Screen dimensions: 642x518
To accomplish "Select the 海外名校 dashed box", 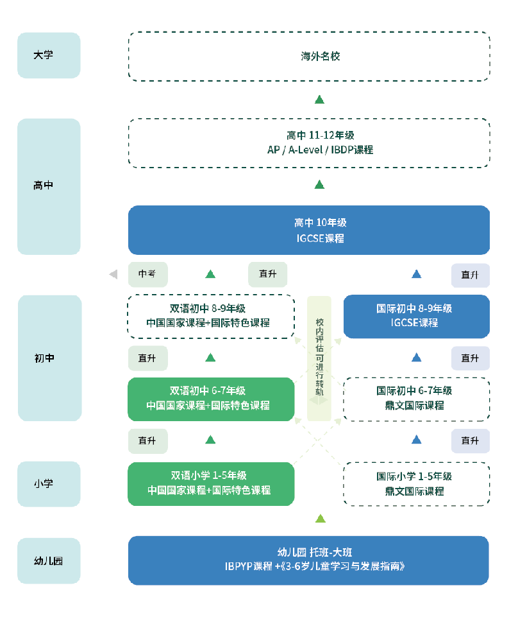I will coord(309,56).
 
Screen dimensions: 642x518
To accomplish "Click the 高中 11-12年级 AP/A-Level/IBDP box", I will coord(309,143).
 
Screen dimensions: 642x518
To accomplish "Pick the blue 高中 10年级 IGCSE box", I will coord(309,230).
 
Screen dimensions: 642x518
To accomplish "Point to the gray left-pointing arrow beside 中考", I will coord(113,274).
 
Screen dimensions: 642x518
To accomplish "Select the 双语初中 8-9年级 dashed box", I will coord(210,316).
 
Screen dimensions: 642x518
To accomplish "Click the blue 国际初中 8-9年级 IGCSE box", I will coord(417,316).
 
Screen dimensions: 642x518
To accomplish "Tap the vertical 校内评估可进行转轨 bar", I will coord(319,358).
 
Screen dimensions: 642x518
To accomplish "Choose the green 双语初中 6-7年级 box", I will coord(210,399).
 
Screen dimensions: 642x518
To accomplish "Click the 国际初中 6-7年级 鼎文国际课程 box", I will coord(417,399).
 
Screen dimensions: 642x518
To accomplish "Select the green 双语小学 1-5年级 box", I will coord(210,483).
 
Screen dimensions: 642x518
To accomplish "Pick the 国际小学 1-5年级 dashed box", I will coord(417,483).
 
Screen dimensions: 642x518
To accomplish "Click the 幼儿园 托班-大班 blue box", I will coord(309,560).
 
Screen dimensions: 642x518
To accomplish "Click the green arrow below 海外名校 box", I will coord(320,100).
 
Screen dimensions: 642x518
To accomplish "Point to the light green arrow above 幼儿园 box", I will coord(320,518).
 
